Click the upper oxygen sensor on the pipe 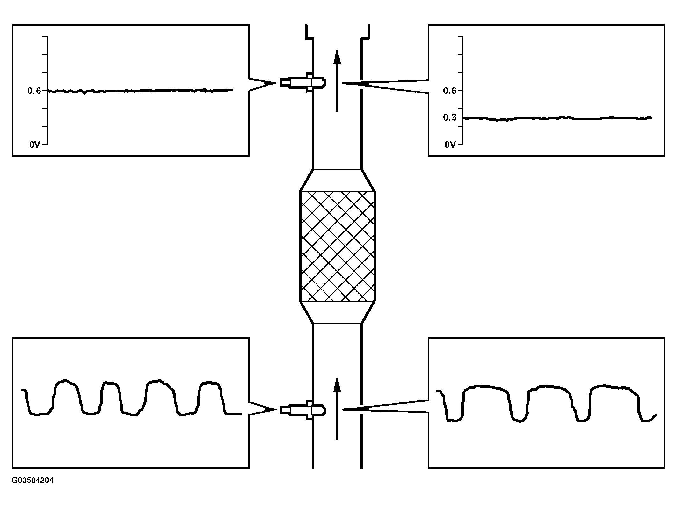click(303, 83)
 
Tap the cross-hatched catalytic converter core click(337, 246)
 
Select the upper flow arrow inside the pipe click(337, 80)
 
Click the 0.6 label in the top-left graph click(34, 91)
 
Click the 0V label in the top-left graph click(35, 145)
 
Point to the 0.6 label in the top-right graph click(450, 91)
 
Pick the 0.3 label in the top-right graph click(450, 118)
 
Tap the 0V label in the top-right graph click(450, 145)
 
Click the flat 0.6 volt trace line click(140, 91)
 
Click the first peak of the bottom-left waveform click(65, 381)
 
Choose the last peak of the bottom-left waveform click(209, 382)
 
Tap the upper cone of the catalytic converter click(337, 180)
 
